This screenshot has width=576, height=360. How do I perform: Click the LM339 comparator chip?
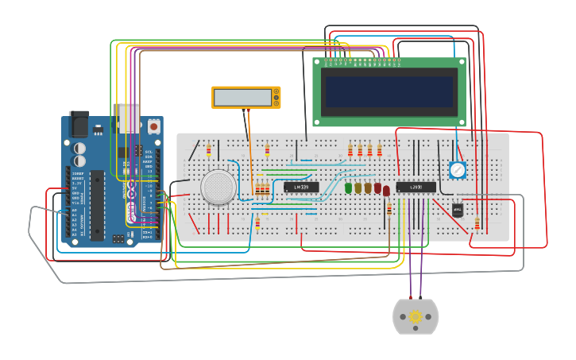(x=301, y=188)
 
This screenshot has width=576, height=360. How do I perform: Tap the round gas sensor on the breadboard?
(x=218, y=187)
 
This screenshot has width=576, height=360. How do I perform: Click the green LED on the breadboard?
(x=348, y=188)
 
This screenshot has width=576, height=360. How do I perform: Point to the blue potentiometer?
(x=457, y=169)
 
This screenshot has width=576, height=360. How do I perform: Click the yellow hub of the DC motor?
(x=416, y=317)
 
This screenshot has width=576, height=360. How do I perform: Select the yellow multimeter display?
(x=245, y=97)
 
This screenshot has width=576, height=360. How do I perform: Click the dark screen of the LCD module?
(x=389, y=91)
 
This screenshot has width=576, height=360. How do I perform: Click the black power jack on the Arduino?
(x=79, y=123)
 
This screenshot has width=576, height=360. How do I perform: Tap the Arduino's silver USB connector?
(x=129, y=117)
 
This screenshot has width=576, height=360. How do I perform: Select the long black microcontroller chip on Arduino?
(x=97, y=205)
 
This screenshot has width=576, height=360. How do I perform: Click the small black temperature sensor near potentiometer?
(x=457, y=210)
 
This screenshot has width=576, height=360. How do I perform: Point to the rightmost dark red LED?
(x=386, y=191)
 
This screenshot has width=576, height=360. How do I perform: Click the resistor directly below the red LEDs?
(x=389, y=210)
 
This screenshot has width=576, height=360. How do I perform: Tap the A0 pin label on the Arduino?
(x=75, y=211)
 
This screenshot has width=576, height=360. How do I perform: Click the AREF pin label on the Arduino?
(x=148, y=162)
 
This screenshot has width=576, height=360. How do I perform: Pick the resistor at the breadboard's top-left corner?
(x=209, y=150)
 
